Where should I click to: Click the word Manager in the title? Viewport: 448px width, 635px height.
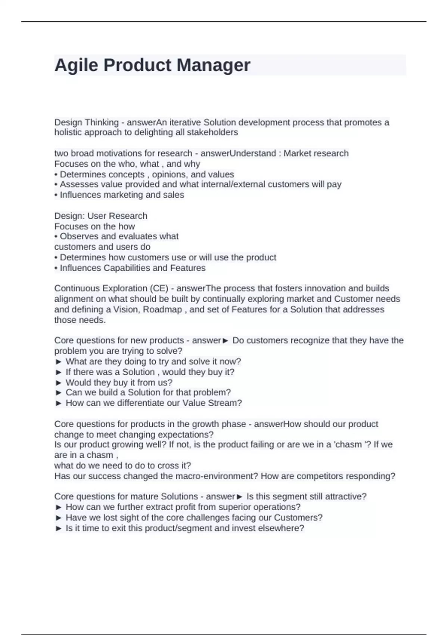213,65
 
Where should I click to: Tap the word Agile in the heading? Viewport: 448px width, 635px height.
77,65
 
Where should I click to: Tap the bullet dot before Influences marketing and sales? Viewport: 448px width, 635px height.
56,195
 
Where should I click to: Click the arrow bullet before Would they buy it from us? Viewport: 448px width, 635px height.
58,382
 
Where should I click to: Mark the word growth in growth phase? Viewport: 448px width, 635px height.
205,424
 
